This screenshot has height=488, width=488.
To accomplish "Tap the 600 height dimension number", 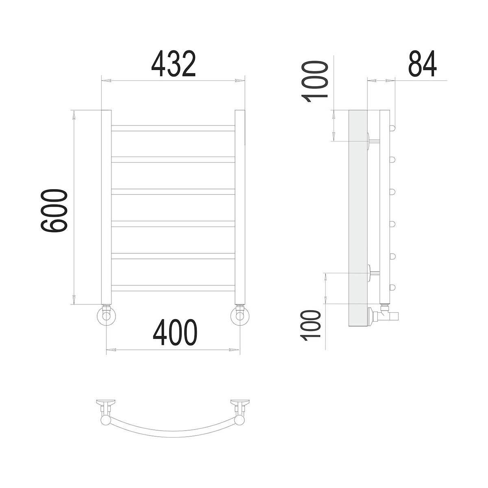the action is point(54,211).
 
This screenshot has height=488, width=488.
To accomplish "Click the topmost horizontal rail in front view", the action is point(173,128).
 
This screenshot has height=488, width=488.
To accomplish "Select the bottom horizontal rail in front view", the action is point(173,288).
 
